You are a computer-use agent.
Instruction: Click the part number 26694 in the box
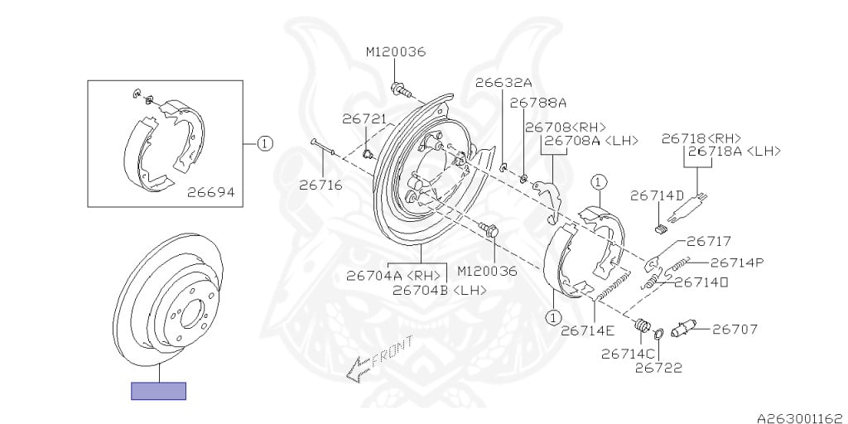click(211, 192)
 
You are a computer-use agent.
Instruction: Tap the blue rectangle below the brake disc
click(158, 391)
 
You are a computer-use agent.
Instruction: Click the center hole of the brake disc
click(190, 314)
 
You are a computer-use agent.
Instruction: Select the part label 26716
click(320, 185)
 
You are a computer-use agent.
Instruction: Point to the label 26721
click(365, 119)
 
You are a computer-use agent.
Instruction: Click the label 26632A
click(503, 83)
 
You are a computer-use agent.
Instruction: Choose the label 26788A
click(538, 102)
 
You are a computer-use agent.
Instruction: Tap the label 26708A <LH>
click(591, 141)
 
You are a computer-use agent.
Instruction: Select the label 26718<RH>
click(701, 138)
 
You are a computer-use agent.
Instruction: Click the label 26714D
click(657, 195)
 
